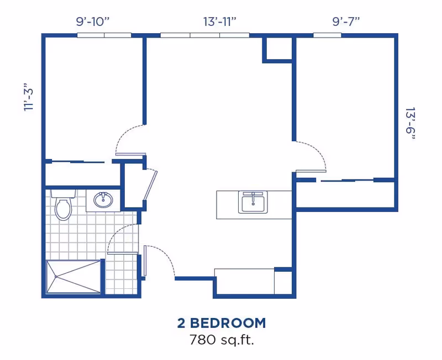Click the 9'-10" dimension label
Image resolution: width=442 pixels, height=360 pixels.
tap(93, 22)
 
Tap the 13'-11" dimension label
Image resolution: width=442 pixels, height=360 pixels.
tap(220, 22)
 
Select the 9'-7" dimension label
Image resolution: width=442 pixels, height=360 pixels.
tap(346, 22)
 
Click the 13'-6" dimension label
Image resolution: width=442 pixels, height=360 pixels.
tap(409, 124)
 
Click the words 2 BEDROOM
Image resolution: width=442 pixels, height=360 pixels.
tap(221, 323)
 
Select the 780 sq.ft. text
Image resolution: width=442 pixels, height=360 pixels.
tap(221, 340)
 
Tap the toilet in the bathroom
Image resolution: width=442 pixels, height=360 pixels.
tap(64, 205)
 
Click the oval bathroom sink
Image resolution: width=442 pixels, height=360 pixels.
tap(103, 199)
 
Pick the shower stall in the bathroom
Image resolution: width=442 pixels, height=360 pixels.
tap(73, 277)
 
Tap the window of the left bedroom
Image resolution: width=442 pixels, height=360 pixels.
tap(104, 35)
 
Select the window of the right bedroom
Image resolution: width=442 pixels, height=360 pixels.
tap(327, 35)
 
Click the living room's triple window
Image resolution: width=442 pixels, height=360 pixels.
tap(204, 35)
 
